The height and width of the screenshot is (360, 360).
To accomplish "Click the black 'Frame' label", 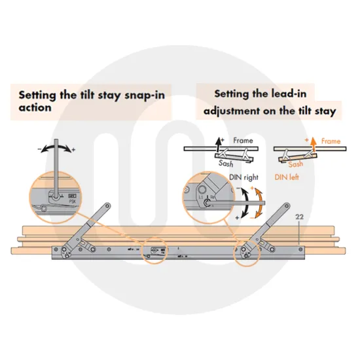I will pos(243,141).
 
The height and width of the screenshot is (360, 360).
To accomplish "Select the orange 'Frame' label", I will pos(331,141).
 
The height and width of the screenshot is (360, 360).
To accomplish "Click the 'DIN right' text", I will pos(245,177).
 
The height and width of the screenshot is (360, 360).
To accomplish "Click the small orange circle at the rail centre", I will pos(156,251).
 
